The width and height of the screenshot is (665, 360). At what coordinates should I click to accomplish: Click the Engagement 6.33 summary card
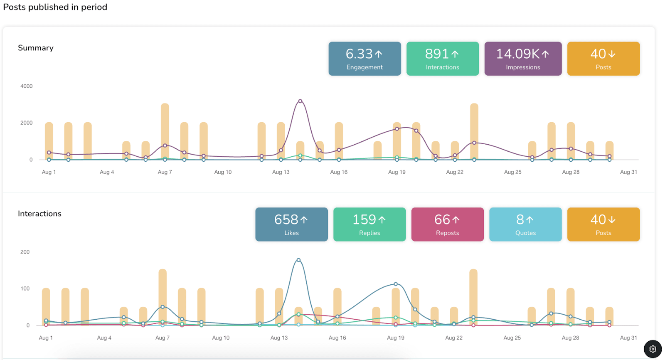pos(365,59)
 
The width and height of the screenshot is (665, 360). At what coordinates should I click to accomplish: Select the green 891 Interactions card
pos(442,59)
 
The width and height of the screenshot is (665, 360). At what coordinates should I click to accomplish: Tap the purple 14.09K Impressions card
pos(523,59)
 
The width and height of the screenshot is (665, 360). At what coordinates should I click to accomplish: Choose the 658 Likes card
pos(291,224)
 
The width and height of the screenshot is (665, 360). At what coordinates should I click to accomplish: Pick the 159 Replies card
pos(369,224)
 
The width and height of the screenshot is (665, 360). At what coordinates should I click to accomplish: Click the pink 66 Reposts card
pos(447,224)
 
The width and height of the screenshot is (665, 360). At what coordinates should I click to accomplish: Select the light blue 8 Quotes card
pos(525,224)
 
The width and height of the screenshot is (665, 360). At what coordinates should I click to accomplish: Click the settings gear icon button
pos(653,349)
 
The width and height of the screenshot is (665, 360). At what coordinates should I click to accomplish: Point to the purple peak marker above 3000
pos(300,101)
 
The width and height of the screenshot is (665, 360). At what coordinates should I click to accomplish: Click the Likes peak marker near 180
pos(298,260)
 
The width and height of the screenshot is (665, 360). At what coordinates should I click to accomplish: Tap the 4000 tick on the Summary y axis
pos(26,86)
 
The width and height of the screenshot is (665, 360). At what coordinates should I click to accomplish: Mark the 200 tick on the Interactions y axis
pos(25,252)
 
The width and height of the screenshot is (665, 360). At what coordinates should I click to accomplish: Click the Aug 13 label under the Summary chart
pos(281,172)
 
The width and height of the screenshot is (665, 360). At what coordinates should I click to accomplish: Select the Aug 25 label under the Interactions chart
pos(512,338)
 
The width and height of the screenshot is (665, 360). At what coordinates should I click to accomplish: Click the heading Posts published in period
pos(55,7)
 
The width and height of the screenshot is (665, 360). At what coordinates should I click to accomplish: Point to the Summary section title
pos(36,48)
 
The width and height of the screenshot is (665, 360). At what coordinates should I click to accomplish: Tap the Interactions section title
pos(39,214)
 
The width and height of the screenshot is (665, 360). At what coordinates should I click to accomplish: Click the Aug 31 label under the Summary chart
pos(628,172)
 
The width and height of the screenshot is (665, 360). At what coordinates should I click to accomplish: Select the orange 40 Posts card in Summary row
pos(603,59)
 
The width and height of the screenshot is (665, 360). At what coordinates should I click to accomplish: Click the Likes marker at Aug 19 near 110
pos(396,284)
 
